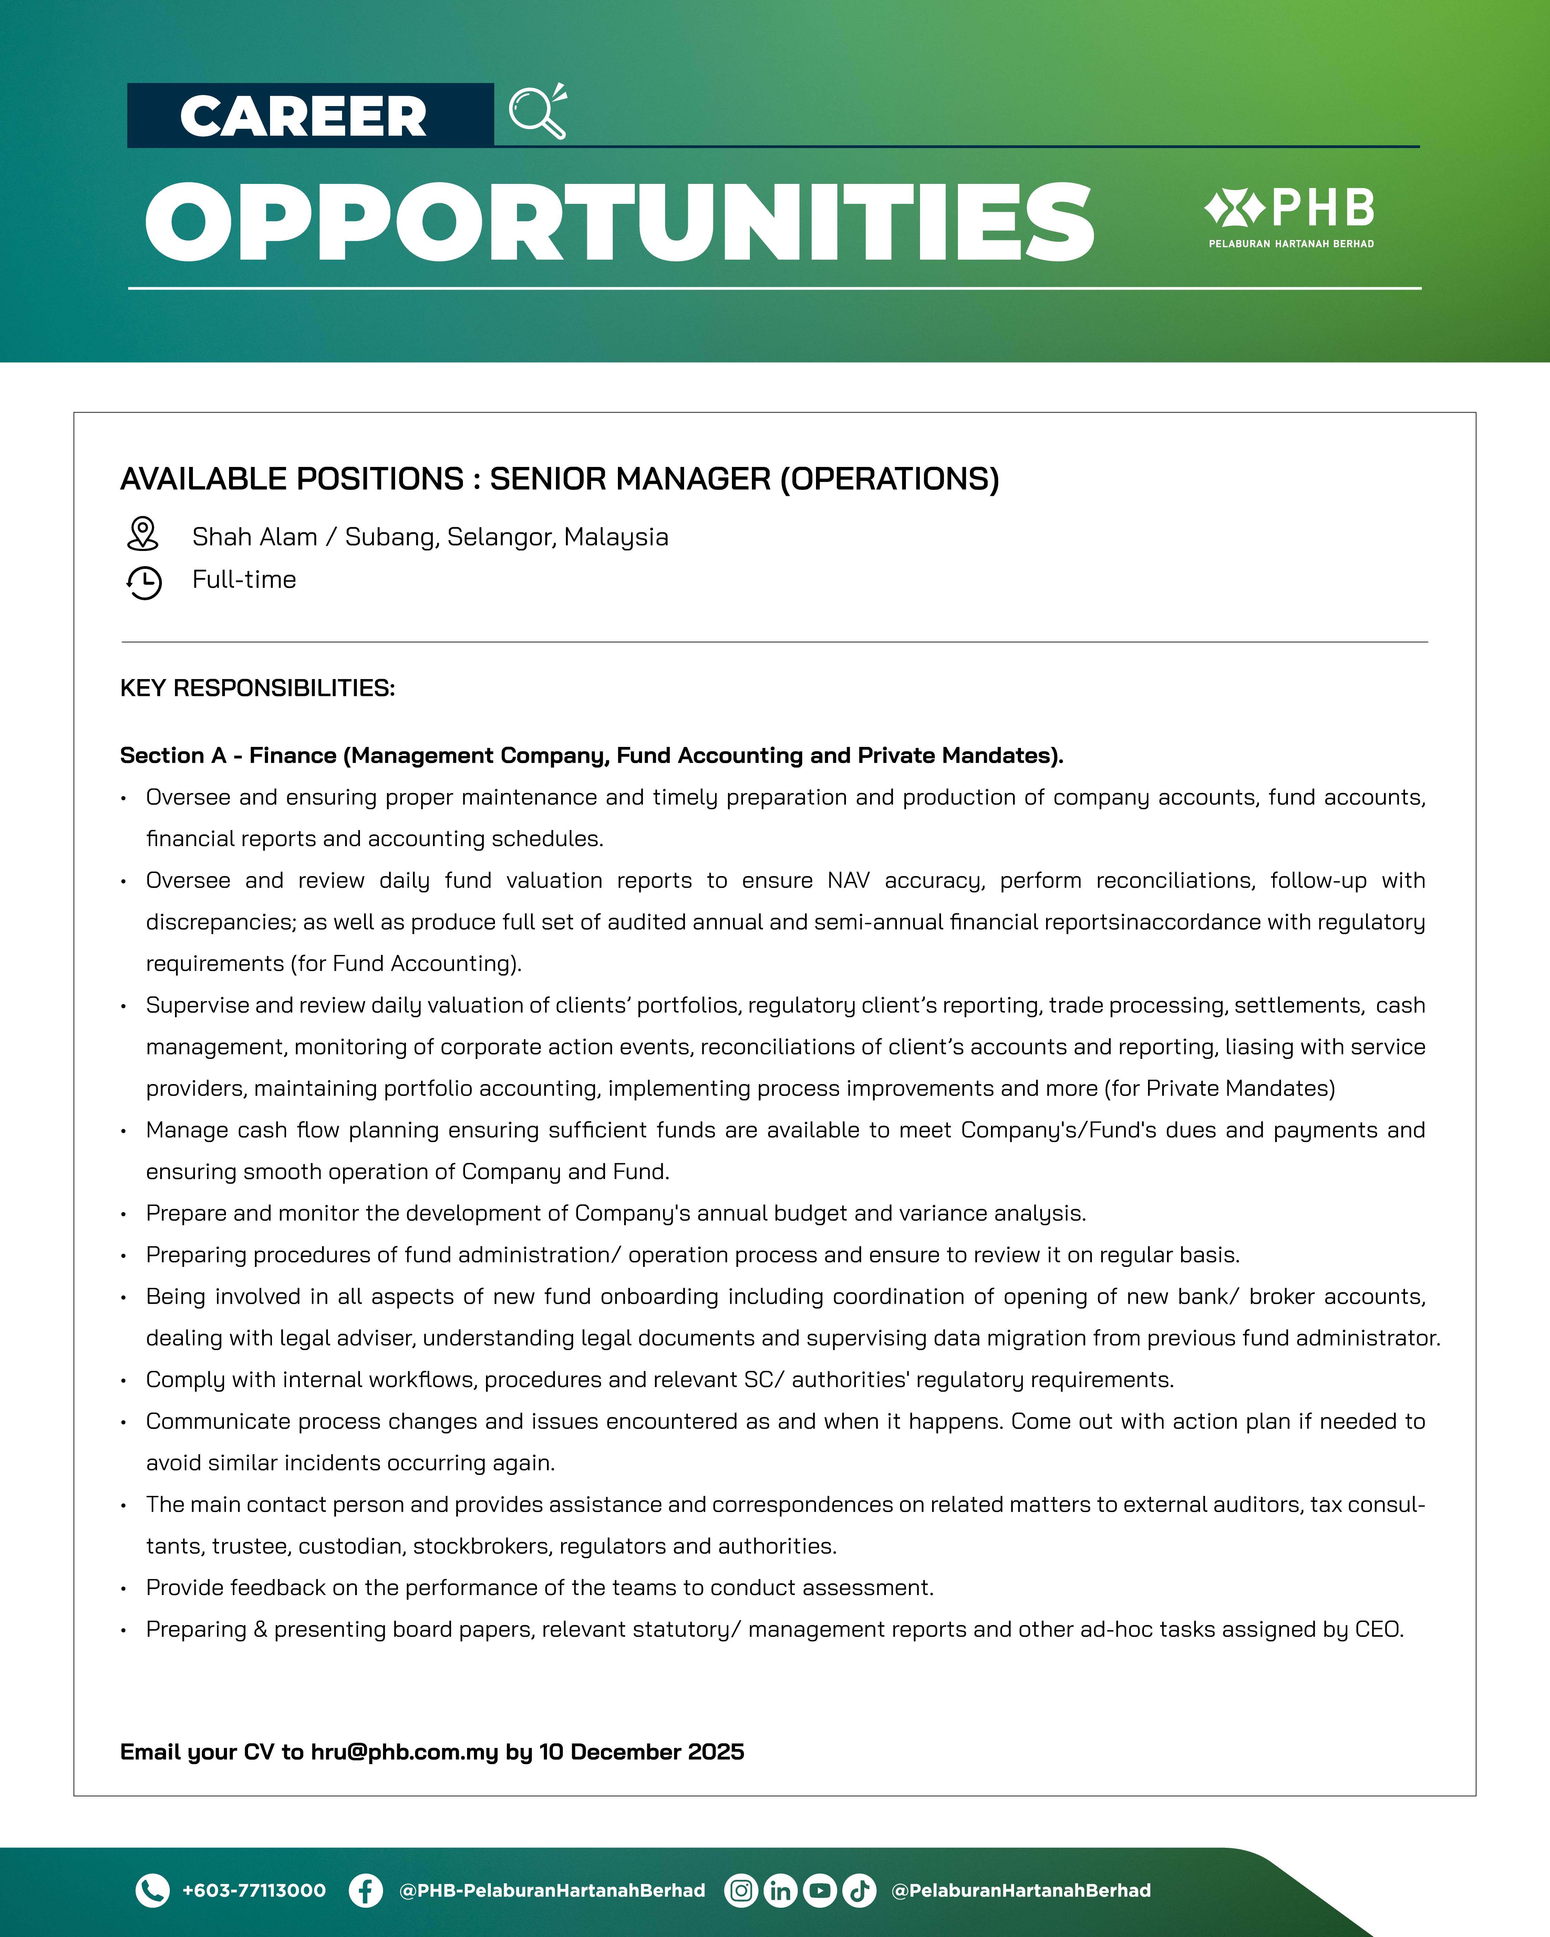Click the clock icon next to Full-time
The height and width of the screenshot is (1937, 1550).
(x=144, y=582)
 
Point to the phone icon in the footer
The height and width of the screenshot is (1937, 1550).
(x=152, y=1890)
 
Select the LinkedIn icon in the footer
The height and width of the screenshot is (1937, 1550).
(x=780, y=1890)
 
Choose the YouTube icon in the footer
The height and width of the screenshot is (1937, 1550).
(x=819, y=1890)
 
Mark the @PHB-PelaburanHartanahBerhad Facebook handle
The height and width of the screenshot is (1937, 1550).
(x=552, y=1890)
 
